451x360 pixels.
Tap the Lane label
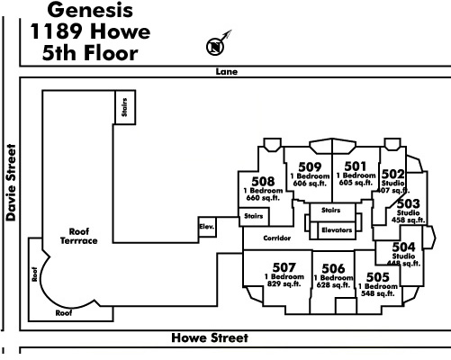(x=227, y=72)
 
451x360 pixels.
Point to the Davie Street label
(x=11, y=183)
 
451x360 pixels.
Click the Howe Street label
(x=210, y=337)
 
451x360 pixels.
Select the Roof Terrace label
(x=79, y=236)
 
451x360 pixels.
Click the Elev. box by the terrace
(x=207, y=227)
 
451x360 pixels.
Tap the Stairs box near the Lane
(x=125, y=107)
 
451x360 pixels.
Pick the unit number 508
(x=263, y=181)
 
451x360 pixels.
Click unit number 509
(x=310, y=166)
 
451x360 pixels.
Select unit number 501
(x=356, y=166)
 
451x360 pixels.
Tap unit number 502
(x=392, y=174)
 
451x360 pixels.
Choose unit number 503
(x=409, y=203)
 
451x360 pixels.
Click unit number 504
(x=404, y=247)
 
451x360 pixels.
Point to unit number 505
(x=378, y=277)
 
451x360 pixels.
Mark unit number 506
(x=333, y=268)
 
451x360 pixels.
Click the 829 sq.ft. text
(x=284, y=283)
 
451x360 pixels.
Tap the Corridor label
(x=277, y=238)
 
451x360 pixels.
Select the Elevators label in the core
(x=337, y=230)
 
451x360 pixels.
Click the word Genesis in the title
(x=90, y=10)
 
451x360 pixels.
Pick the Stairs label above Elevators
(x=331, y=210)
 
